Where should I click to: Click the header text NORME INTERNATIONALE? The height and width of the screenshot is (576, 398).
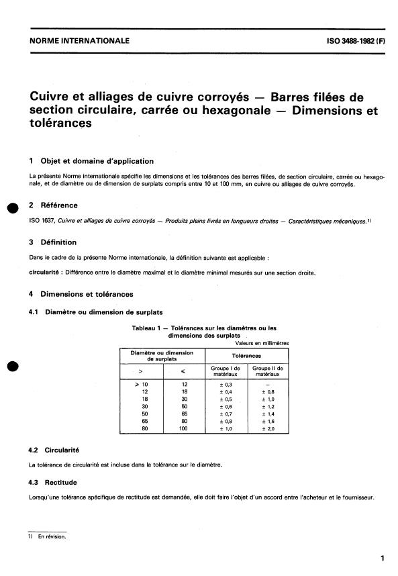tap(79, 41)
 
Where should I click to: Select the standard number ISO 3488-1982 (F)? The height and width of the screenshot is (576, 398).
tap(346, 41)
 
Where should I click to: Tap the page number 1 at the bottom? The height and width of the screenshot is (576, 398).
tap(381, 558)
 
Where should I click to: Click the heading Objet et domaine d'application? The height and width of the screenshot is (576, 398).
tap(97, 161)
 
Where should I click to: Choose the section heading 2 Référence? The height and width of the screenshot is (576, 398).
tap(53, 205)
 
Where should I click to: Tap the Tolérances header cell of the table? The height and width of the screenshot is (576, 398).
tap(246, 356)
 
